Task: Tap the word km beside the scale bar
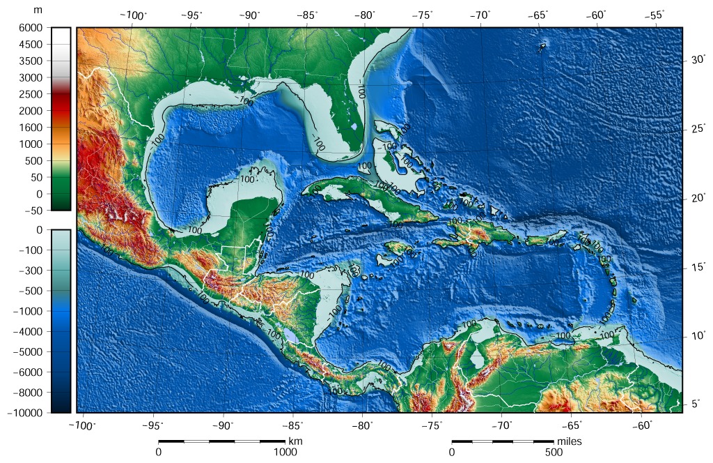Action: tap(295, 441)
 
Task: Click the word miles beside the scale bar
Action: tap(569, 441)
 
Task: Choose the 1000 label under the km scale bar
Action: tap(284, 453)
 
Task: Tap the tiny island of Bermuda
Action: tap(542, 47)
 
